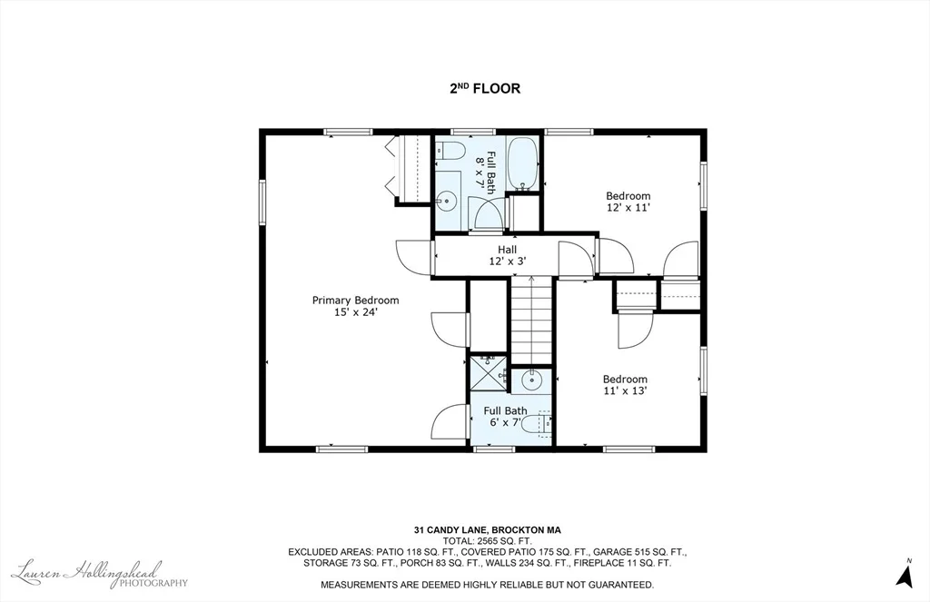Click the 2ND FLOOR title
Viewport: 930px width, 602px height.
tap(485, 88)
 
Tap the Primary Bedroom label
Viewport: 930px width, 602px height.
tap(355, 301)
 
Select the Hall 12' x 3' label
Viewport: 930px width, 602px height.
tap(507, 255)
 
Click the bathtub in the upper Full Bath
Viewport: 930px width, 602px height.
tap(523, 163)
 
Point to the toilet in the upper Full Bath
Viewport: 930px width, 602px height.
tap(449, 151)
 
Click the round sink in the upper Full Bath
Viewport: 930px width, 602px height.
tap(446, 202)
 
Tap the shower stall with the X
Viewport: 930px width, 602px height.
tap(489, 373)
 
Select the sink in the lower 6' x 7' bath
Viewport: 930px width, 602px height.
tap(531, 379)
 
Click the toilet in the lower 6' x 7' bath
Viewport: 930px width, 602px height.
tap(544, 423)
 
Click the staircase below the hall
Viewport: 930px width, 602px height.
tap(531, 321)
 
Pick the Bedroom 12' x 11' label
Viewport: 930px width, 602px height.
tap(628, 202)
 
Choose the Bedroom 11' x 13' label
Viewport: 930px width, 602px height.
tap(625, 385)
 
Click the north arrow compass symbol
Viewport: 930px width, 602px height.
tap(905, 574)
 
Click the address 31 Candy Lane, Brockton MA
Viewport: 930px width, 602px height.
tap(487, 530)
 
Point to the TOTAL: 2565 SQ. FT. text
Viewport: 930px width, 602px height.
tap(487, 541)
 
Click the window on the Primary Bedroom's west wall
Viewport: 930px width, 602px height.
tap(262, 202)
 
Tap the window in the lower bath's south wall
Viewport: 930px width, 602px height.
tap(494, 449)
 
